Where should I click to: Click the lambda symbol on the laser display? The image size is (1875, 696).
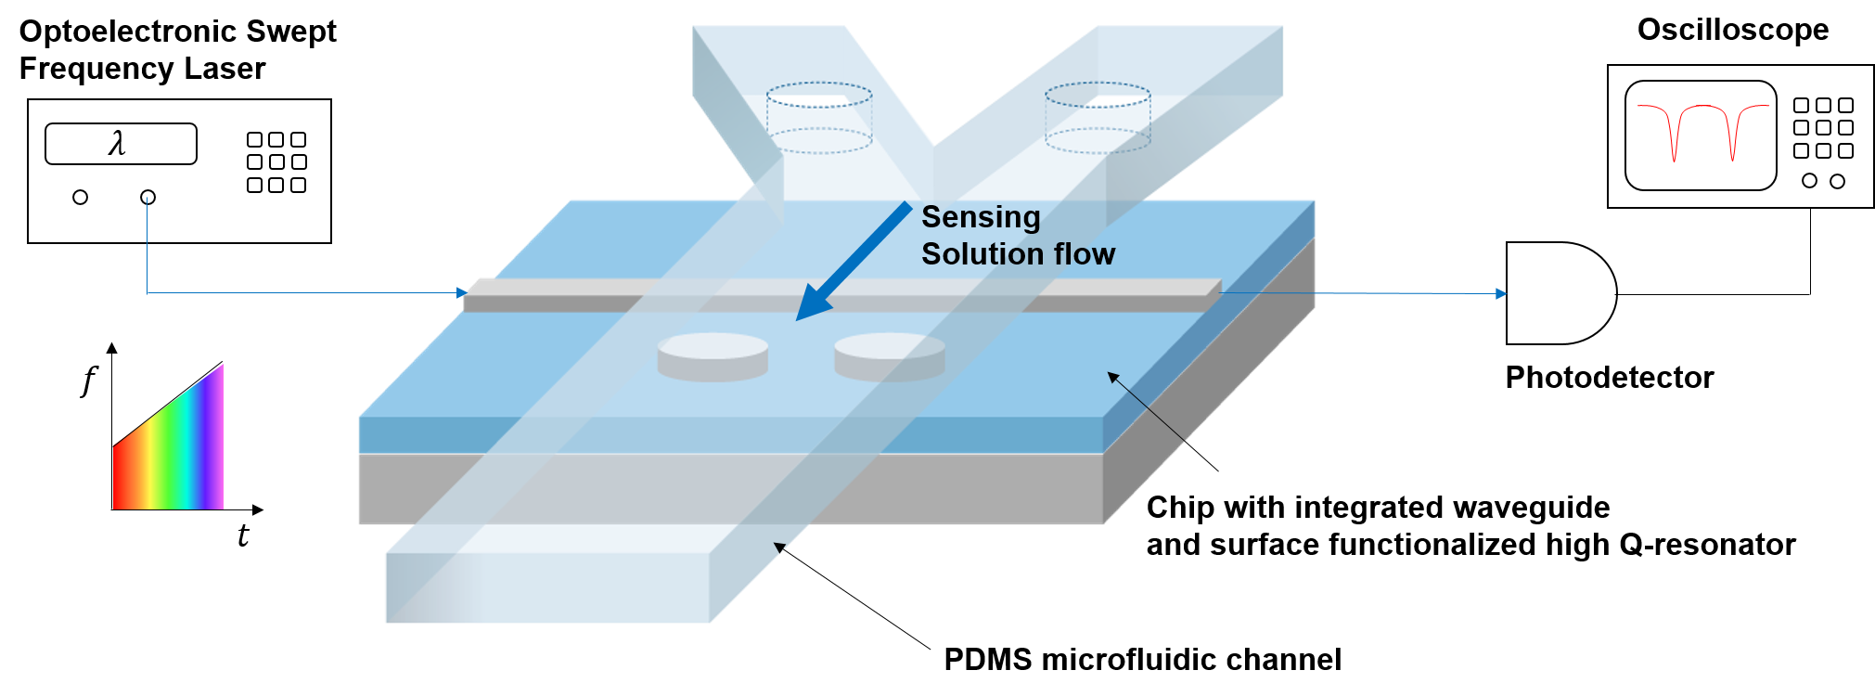117,144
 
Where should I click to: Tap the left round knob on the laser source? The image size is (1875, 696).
81,197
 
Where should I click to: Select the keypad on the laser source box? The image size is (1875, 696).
276,162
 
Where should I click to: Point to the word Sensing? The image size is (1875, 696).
981,217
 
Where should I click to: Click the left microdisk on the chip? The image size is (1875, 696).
713,356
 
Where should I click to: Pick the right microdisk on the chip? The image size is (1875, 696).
889,356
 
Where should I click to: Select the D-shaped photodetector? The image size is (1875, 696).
1559,293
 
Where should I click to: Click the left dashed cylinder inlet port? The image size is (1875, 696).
819,119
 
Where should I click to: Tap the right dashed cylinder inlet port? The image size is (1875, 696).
1098,117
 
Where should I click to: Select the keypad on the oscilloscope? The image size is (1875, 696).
1823,128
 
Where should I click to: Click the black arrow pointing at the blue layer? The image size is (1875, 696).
1146,406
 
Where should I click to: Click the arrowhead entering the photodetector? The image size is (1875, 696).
1500,293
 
